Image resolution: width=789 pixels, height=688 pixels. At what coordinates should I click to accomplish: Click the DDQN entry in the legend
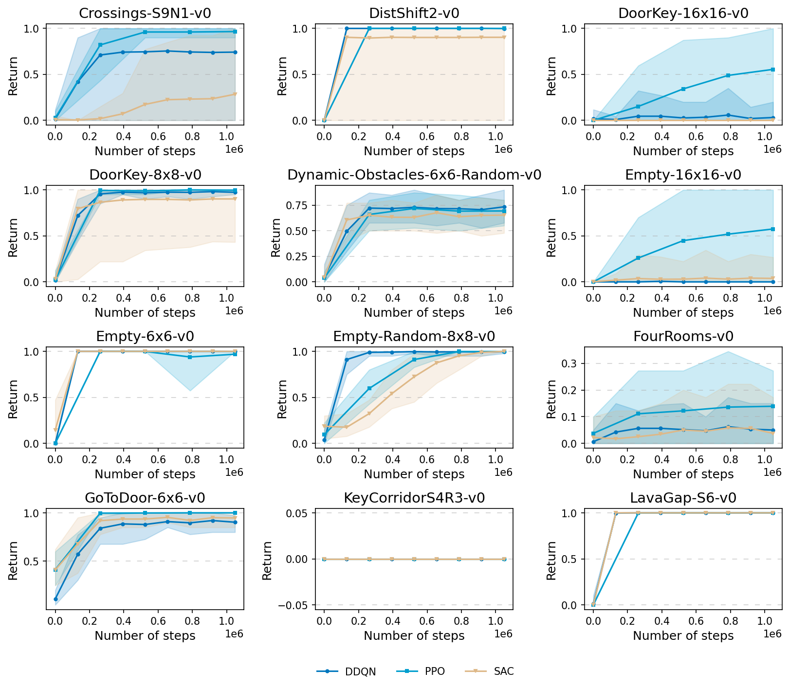pyautogui.click(x=360, y=671)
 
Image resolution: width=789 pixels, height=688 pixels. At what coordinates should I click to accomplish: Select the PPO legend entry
pyautogui.click(x=435, y=671)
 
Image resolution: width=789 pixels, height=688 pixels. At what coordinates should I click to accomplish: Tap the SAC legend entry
pyautogui.click(x=503, y=671)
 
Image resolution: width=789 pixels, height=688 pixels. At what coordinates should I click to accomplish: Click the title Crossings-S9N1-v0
pyautogui.click(x=145, y=13)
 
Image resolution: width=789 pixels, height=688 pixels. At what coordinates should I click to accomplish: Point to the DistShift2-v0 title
pyautogui.click(x=414, y=13)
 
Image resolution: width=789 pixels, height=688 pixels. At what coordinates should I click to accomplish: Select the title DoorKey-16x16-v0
pyautogui.click(x=683, y=13)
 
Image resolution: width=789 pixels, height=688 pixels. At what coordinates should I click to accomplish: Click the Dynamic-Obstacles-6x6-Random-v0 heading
pyautogui.click(x=414, y=175)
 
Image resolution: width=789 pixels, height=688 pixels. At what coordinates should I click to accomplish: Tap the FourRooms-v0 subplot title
pyautogui.click(x=683, y=336)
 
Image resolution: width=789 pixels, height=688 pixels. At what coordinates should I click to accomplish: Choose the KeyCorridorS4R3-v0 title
pyautogui.click(x=414, y=498)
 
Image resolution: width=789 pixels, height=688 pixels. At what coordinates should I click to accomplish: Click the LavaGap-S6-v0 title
pyautogui.click(x=683, y=498)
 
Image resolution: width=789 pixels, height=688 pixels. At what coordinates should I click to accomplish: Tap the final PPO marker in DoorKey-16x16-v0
pyautogui.click(x=773, y=70)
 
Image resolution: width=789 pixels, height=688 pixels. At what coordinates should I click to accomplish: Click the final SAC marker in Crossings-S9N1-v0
pyautogui.click(x=235, y=94)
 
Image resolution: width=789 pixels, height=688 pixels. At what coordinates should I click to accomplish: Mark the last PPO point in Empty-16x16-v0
pyautogui.click(x=773, y=229)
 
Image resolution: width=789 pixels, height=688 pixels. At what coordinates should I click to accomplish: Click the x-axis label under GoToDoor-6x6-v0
pyautogui.click(x=145, y=635)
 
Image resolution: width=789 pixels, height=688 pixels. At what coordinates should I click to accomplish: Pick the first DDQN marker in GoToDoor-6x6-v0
pyautogui.click(x=55, y=599)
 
